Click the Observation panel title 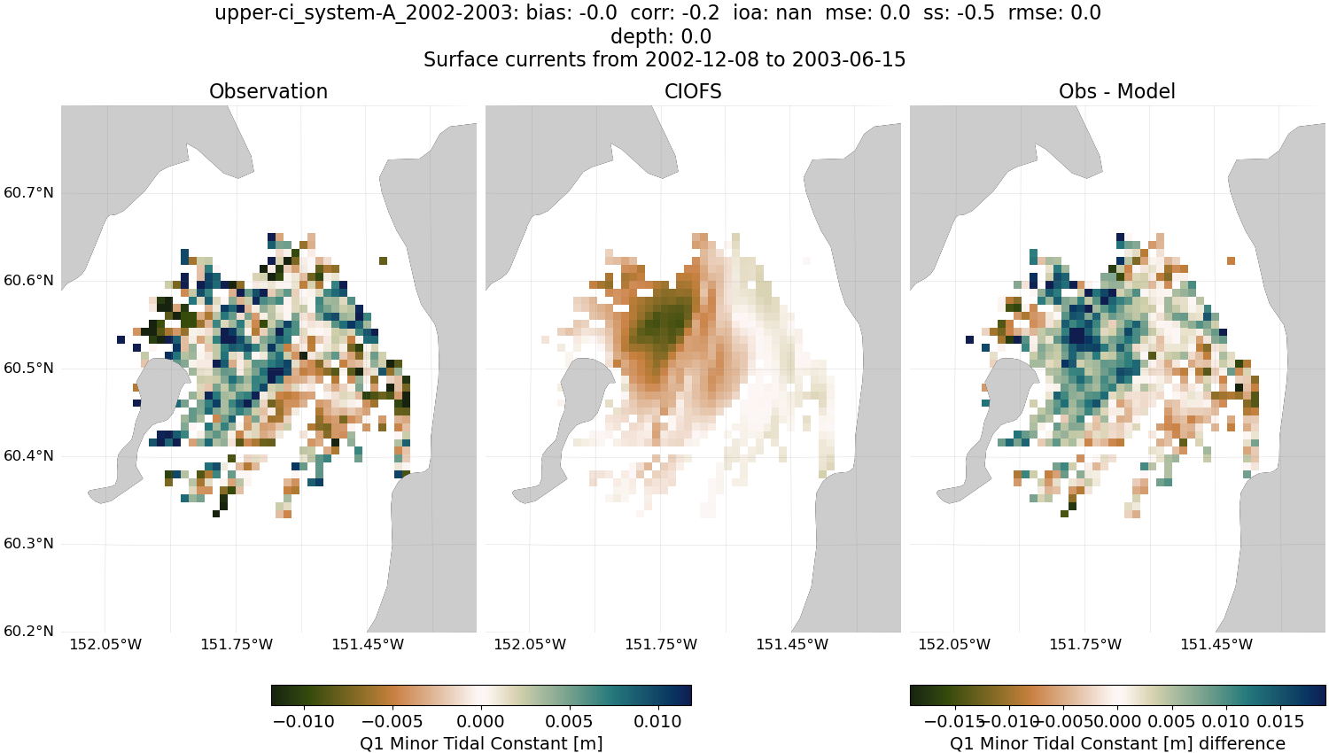(268, 91)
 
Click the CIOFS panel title (693, 91)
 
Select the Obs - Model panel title (1116, 91)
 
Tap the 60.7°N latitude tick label (28, 193)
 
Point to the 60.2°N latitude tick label (28, 632)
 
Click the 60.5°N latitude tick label (28, 369)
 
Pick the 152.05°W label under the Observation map (105, 645)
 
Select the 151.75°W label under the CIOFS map (661, 645)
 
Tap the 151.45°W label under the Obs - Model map (1216, 645)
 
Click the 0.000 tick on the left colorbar (481, 722)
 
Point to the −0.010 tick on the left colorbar (304, 722)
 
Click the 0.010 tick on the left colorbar (657, 722)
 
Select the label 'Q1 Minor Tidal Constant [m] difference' (1117, 744)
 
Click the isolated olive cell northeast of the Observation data (383, 260)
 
